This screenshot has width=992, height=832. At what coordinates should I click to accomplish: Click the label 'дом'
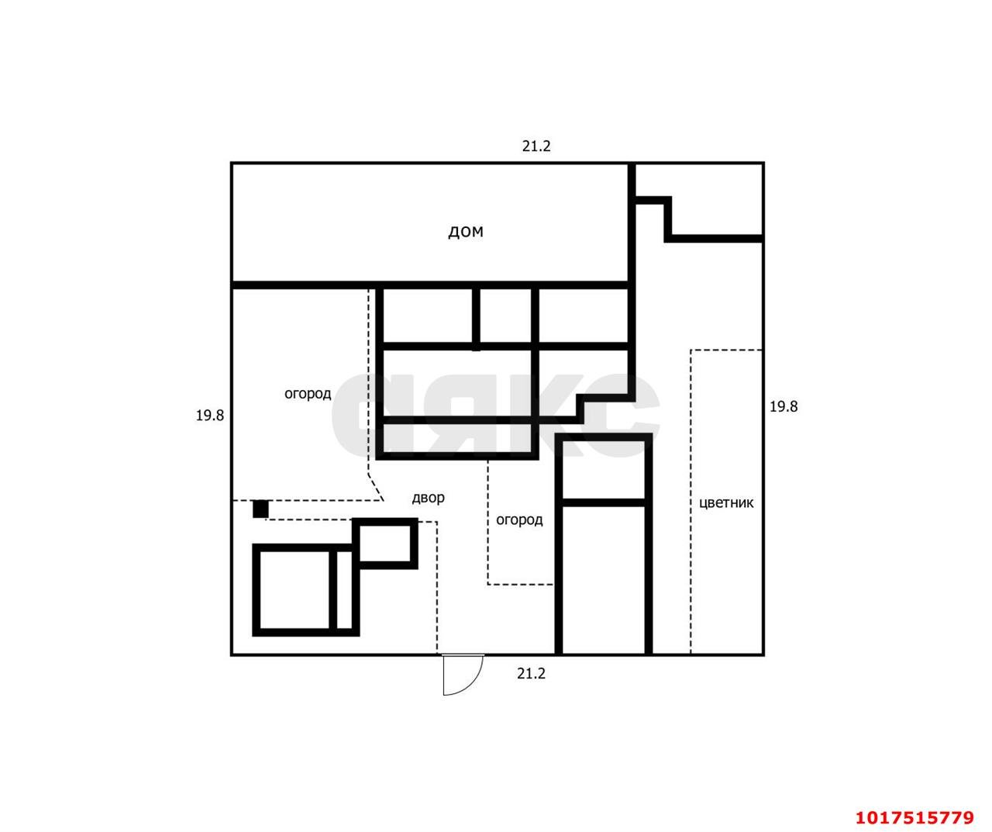pos(465,232)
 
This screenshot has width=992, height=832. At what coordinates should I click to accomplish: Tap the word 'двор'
pos(428,499)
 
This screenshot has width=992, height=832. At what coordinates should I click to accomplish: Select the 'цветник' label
pos(726,503)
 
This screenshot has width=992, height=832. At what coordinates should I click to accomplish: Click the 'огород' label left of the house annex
pos(308,394)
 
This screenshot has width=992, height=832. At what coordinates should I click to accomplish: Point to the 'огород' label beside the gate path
pos(518,520)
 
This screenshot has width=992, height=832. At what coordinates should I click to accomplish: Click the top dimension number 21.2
pos(536,147)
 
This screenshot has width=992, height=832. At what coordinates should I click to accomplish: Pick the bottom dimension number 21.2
pos(531,674)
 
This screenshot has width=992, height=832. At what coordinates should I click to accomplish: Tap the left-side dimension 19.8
pos(209,416)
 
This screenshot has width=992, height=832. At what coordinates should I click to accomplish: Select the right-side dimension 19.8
pos(784,406)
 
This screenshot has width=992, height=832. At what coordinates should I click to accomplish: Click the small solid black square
pos(260,509)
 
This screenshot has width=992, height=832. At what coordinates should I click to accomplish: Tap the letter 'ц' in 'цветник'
pos(703,504)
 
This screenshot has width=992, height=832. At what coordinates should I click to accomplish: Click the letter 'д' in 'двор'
pos(416,499)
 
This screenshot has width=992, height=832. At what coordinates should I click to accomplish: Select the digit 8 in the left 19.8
pos(220,416)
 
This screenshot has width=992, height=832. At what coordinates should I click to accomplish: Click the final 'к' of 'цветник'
pos(749,503)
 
